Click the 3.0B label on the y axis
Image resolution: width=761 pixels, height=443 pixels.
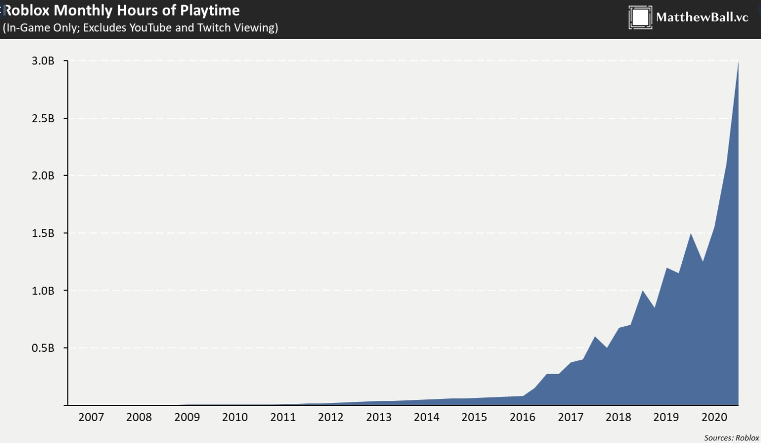[x=43, y=61]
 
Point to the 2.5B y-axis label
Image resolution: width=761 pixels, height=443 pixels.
[x=43, y=118]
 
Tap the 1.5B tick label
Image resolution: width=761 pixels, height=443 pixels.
[x=43, y=233]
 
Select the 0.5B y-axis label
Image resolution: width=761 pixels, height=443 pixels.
[x=43, y=348]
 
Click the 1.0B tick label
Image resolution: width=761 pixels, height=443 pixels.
[x=43, y=291]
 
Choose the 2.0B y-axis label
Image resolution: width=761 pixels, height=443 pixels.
[x=43, y=176]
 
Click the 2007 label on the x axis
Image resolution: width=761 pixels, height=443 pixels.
[x=91, y=417]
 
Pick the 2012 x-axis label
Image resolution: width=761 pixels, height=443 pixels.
[x=331, y=417]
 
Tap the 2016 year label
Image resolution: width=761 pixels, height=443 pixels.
[x=522, y=417]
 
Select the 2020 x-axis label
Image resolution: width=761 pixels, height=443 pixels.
[x=714, y=417]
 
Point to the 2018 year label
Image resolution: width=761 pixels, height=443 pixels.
[x=618, y=417]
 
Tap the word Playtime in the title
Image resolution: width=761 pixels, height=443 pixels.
[x=209, y=11]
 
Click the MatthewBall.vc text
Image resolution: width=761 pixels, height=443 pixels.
[x=702, y=17]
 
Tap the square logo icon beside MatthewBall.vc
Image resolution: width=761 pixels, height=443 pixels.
[x=640, y=17]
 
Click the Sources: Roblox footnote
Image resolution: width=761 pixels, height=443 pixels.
[x=731, y=437]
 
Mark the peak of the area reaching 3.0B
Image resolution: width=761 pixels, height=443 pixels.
[x=738, y=62]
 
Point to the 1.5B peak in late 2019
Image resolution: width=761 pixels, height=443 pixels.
[x=690, y=234]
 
